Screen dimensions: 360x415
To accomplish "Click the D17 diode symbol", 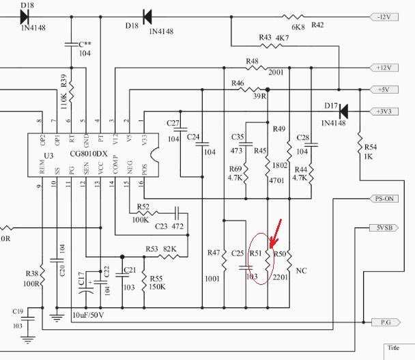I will [x=343, y=110].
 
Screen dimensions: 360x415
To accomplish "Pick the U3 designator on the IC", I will [x=47, y=156].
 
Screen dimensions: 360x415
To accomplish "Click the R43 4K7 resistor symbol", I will [x=276, y=46].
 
